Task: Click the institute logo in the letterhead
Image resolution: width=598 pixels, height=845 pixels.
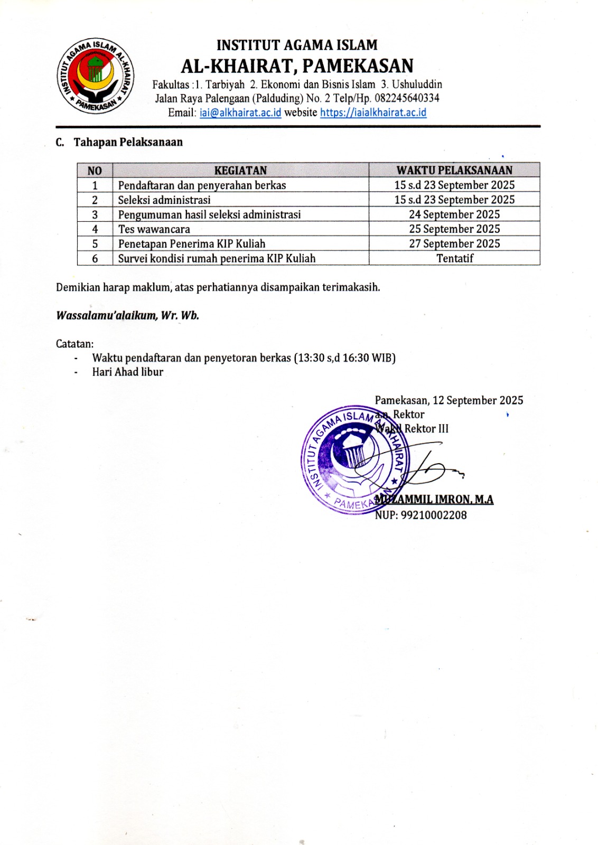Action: point(95,76)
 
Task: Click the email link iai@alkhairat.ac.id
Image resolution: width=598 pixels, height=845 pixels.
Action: point(240,112)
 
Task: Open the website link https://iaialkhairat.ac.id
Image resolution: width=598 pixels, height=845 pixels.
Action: point(373,112)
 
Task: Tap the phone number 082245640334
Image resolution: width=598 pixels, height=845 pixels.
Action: point(407,98)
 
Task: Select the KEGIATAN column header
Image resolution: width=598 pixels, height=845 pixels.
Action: point(240,170)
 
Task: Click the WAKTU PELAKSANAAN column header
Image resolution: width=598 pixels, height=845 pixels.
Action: point(454,170)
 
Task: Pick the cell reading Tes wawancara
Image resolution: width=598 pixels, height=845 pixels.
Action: point(154,229)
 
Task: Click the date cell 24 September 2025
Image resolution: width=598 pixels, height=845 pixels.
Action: point(454,214)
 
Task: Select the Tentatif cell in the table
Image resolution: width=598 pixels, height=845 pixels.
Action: point(454,258)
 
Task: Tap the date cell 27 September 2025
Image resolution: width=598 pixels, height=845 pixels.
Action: point(454,243)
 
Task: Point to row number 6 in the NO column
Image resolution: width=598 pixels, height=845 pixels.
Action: point(95,258)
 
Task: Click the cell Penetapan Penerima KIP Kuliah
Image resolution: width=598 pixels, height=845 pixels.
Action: point(191,243)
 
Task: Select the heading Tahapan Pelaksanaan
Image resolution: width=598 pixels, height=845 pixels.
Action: point(128,142)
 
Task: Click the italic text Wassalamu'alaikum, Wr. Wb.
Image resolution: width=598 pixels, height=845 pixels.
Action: point(127,316)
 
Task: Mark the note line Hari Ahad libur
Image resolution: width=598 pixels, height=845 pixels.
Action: point(127,372)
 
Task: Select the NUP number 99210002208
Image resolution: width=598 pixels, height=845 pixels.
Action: point(433,515)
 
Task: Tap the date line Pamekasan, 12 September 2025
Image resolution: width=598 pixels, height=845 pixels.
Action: point(448,400)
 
